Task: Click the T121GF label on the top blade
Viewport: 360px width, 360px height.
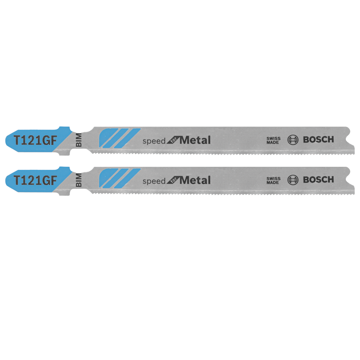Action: click(35, 140)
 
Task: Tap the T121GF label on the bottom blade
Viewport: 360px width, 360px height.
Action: click(35, 180)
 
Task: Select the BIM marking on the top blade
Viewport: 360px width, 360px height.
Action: click(78, 140)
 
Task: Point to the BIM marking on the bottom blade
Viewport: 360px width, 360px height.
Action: click(78, 180)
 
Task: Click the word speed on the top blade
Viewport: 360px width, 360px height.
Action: click(154, 141)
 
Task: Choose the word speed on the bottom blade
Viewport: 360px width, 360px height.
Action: click(154, 181)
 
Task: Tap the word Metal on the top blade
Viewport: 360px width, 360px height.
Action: click(195, 140)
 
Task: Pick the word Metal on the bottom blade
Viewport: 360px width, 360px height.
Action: click(195, 180)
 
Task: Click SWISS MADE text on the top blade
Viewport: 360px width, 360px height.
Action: click(273, 140)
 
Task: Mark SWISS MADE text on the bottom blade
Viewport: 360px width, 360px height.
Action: click(273, 180)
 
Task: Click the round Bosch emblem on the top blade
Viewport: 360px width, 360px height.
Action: click(293, 140)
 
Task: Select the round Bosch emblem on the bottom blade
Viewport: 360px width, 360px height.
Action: click(293, 180)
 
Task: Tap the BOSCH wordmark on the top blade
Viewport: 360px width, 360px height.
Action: click(319, 140)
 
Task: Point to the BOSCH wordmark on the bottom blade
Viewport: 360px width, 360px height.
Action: click(319, 180)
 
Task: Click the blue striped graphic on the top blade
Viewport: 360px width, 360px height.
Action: click(119, 138)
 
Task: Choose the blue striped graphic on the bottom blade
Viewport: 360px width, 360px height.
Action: click(119, 178)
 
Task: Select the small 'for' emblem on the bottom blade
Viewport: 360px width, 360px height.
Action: click(173, 181)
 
